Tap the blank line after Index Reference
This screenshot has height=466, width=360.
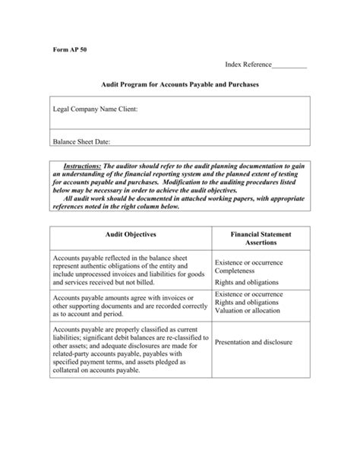[289, 67]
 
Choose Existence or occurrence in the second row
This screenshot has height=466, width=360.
[249, 293]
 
